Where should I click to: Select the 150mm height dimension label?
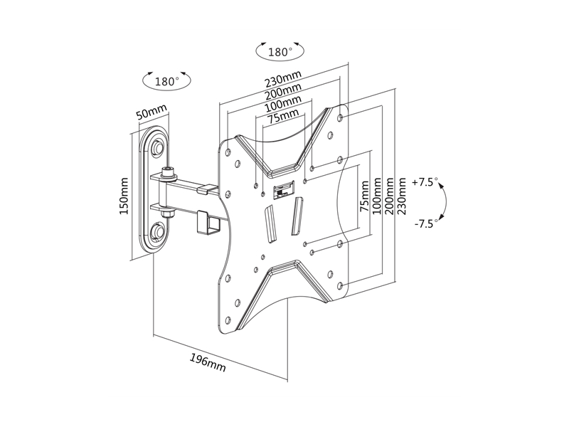point(124,196)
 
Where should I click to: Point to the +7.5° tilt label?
point(425,182)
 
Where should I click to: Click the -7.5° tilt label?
point(426,223)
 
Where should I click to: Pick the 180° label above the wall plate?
point(167,81)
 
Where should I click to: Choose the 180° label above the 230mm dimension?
point(280,52)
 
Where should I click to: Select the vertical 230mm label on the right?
point(402,196)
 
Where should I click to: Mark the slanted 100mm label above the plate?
point(283,103)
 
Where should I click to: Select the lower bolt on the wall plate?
point(158,229)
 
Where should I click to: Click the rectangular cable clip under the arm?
point(208,222)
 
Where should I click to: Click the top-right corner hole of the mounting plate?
point(341,117)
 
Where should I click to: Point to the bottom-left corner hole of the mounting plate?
point(228,320)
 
